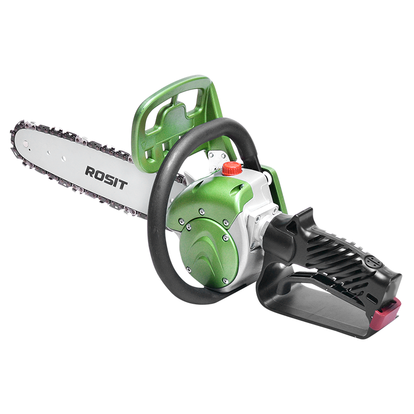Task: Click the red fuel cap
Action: (232, 169)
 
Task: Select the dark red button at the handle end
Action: (388, 314)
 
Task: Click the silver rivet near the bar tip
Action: (25, 143)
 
